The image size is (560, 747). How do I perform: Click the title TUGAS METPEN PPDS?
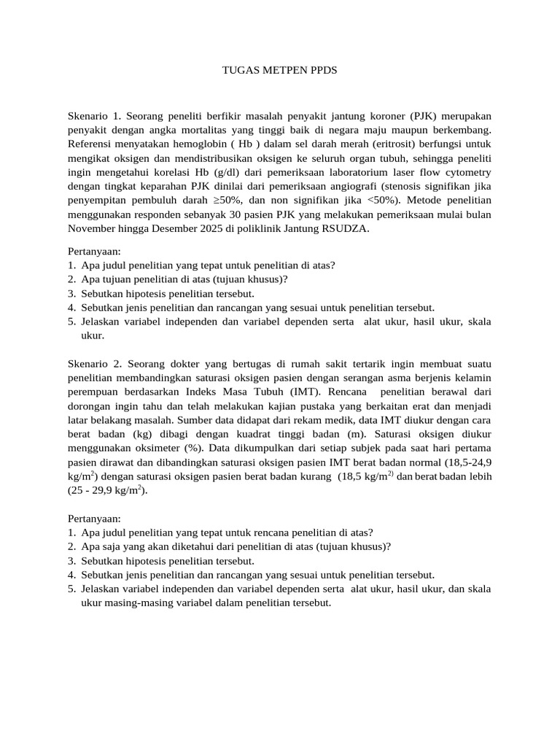point(280,71)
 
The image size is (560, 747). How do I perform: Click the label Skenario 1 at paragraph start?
point(95,117)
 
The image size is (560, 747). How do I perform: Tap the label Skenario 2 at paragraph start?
point(95,363)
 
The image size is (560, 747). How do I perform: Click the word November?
point(94,228)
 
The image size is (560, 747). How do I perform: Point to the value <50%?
point(380,201)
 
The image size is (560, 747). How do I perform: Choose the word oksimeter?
point(163,447)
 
